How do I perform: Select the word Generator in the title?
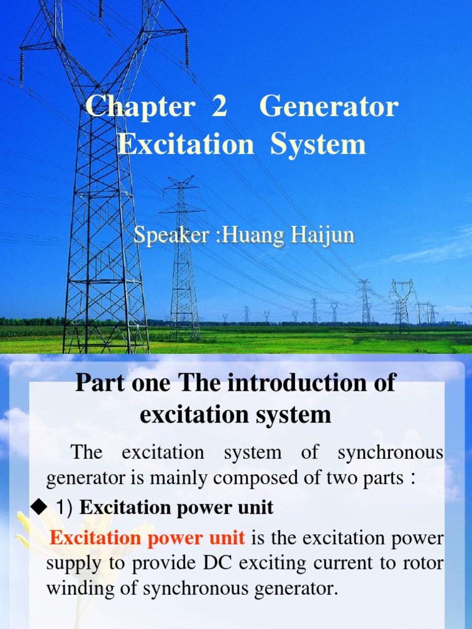[329, 107]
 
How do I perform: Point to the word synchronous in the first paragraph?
[390, 453]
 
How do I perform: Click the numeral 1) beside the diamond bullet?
[65, 507]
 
